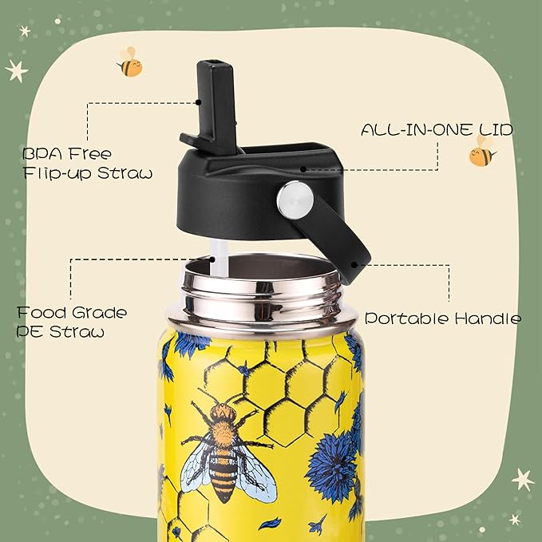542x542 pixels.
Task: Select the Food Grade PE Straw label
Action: pyautogui.click(x=72, y=321)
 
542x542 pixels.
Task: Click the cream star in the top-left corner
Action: pyautogui.click(x=16, y=70)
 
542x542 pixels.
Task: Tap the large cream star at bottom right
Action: pyautogui.click(x=523, y=479)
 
